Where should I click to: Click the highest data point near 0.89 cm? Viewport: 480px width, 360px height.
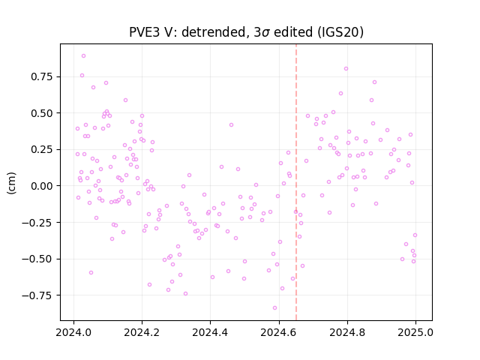[83, 56]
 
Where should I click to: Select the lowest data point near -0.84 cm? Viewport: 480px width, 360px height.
[274, 308]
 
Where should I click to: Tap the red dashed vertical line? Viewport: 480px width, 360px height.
[296, 182]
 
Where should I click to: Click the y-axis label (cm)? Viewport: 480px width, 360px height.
[11, 183]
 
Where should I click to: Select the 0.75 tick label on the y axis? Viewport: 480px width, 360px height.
[42, 76]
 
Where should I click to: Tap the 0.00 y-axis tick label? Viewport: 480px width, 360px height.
[42, 186]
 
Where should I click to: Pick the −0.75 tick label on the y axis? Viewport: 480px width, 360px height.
[37, 295]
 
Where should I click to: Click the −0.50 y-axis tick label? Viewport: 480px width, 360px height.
[37, 259]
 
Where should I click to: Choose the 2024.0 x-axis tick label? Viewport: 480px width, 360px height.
[73, 332]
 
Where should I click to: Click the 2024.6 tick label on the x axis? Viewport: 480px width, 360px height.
[278, 332]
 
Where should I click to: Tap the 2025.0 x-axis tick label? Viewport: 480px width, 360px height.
[415, 332]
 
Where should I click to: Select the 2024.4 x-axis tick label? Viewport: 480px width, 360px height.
[210, 332]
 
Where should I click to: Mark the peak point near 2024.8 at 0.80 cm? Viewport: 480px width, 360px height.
[346, 69]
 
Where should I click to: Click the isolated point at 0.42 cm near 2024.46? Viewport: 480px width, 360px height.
[231, 125]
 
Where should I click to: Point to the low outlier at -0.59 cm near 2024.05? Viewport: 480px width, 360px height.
[91, 273]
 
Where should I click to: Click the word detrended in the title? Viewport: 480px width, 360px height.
[214, 32]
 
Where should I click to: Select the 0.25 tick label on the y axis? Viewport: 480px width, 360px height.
[42, 149]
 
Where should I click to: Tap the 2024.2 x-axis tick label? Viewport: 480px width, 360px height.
[142, 332]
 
